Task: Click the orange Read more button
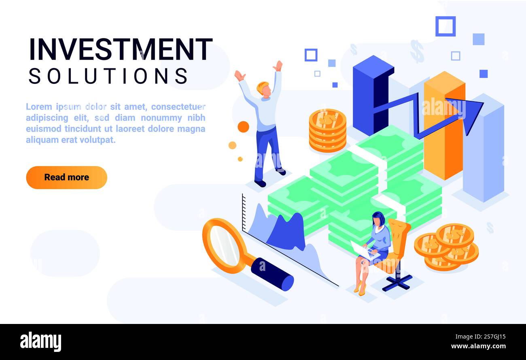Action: [x=66, y=177]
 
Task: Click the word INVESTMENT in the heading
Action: [x=121, y=49]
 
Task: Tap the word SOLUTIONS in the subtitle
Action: [x=108, y=76]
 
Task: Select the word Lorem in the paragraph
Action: [x=39, y=107]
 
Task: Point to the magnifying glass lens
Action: [x=225, y=245]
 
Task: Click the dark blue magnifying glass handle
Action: [x=273, y=274]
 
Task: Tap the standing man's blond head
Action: [x=263, y=88]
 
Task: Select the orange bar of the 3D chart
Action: [x=444, y=126]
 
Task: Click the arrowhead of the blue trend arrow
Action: [x=469, y=115]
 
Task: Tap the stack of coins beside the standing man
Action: [x=327, y=130]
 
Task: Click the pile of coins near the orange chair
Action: [x=446, y=247]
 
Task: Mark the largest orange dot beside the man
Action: [x=243, y=127]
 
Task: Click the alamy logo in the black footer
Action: [x=40, y=342]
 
